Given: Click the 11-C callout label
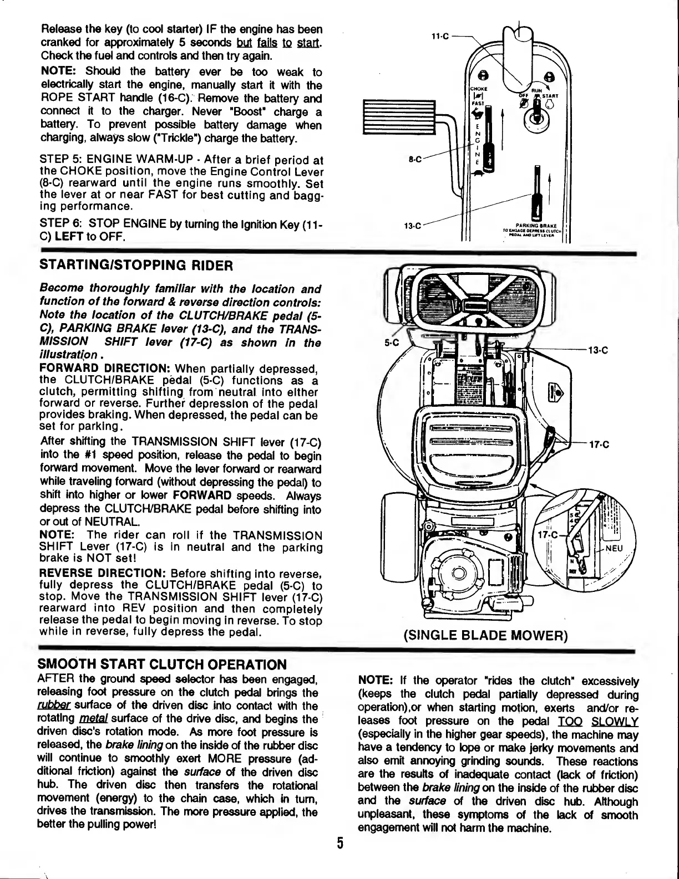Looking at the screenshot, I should pos(438,37).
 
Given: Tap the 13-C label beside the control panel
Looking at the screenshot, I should pos(412,226).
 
